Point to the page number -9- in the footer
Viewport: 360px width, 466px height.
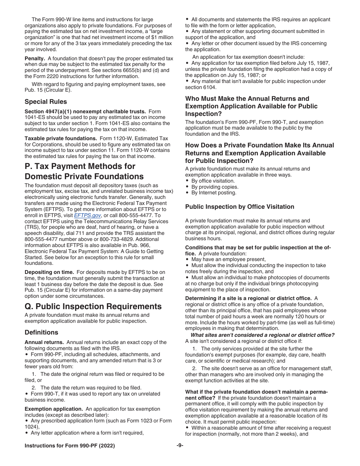pos(180,446)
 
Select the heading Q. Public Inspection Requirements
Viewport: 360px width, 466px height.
pos(93,306)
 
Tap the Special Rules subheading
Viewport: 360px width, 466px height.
pos(45,102)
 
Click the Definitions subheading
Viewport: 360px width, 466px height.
pos(41,332)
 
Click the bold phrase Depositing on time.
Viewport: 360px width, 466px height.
pos(49,272)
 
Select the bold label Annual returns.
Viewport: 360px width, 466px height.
pos(44,342)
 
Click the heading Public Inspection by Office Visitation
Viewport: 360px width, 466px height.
pos(239,206)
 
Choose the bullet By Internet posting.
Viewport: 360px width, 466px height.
pos(214,193)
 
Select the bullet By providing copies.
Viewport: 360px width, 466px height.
pos(215,187)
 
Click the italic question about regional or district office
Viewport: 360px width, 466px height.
pos(262,335)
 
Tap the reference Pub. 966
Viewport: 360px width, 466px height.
pos(163,245)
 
